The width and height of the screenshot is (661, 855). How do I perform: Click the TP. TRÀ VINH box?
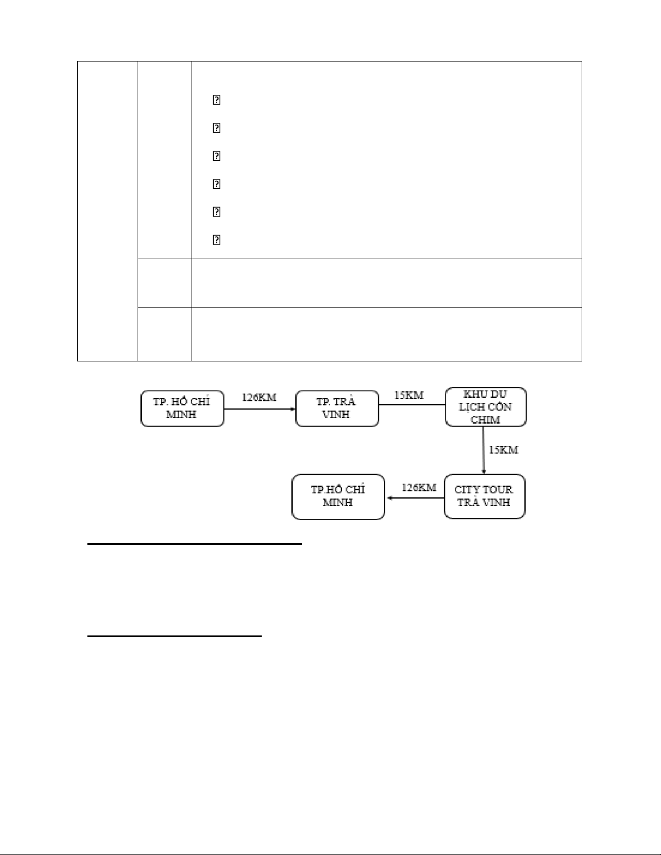337,408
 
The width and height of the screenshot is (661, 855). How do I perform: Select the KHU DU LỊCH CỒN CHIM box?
485,407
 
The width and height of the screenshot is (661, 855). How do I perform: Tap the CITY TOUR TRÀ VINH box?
484,496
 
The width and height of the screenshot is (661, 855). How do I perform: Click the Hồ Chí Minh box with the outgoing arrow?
182,408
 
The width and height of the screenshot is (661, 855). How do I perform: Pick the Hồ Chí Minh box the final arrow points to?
338,496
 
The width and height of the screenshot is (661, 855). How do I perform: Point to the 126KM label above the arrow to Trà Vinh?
259,398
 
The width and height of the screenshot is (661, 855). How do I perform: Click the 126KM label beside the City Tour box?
419,488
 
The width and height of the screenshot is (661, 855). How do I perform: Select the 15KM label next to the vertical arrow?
503,450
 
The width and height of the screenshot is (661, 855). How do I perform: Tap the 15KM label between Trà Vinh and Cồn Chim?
408,395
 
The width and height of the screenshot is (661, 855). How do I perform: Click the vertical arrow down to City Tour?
483,450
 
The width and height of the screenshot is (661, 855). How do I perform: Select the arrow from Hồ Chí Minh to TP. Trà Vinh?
260,409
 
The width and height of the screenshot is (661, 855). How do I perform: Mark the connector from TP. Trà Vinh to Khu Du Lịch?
412,405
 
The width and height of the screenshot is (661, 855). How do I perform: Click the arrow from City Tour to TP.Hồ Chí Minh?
414,498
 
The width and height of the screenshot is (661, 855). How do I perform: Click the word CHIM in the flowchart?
485,420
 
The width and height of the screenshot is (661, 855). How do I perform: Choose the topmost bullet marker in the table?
216,100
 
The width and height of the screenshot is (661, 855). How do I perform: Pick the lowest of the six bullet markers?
216,240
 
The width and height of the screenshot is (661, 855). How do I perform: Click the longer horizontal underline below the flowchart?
195,544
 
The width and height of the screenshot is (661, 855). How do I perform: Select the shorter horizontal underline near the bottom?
174,637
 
